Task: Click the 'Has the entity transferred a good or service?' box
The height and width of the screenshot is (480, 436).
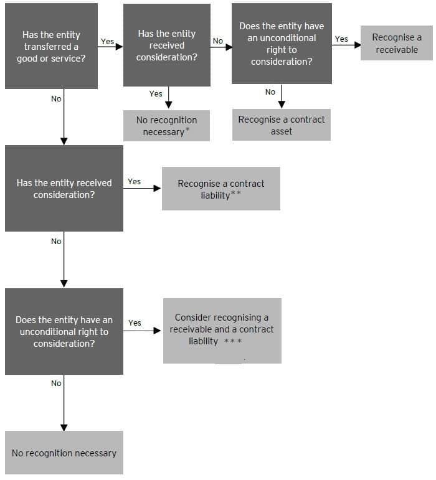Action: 51,46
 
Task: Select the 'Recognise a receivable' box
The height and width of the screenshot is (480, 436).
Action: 396,43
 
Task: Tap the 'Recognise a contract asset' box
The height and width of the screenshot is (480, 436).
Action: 282,125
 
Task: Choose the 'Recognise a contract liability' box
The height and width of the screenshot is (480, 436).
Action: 220,189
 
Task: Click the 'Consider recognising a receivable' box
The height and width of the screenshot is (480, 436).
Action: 222,330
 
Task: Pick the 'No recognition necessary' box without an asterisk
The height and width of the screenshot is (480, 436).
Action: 64,453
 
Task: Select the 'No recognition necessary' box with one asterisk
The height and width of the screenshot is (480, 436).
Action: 166,126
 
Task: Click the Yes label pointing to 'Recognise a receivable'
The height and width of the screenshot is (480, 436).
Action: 341,39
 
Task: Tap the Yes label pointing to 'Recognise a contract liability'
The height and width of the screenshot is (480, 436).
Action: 134,182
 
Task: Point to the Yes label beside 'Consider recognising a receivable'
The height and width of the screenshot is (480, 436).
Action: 135,322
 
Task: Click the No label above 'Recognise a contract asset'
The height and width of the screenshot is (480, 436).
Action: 270,92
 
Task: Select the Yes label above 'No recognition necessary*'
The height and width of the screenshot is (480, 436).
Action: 156,93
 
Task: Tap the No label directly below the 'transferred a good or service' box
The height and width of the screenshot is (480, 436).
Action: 56,98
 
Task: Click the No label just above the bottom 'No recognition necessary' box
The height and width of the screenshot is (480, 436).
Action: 56,384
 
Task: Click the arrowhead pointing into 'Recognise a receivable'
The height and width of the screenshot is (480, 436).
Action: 358,45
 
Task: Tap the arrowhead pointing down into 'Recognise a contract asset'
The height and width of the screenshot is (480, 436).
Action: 282,105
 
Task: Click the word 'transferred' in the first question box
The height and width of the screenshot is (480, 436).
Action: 50,47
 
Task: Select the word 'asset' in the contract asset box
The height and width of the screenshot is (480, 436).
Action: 282,131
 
